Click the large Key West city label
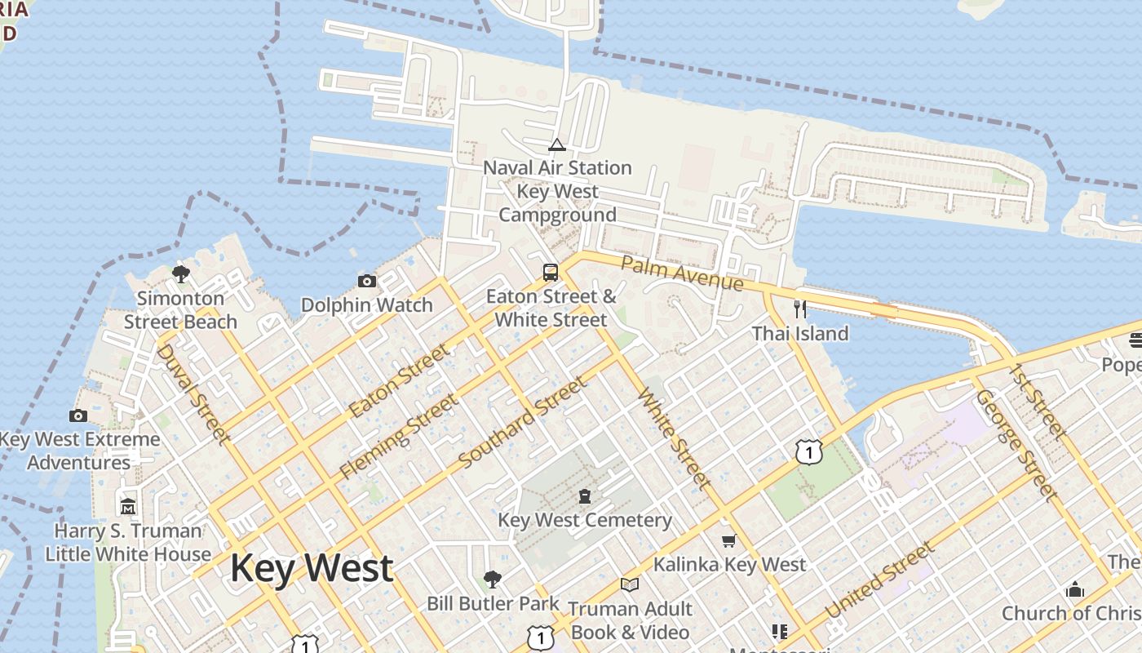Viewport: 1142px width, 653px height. pyautogui.click(x=312, y=567)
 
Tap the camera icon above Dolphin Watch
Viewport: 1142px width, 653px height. pyautogui.click(x=367, y=282)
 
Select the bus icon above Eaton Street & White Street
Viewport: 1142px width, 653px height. pyautogui.click(x=551, y=272)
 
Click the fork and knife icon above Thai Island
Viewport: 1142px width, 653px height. pyautogui.click(x=800, y=309)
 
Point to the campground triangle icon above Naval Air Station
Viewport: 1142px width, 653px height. pyautogui.click(x=557, y=145)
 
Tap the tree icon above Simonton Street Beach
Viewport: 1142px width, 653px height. pyautogui.click(x=181, y=273)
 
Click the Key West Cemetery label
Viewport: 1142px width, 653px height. pyautogui.click(x=584, y=520)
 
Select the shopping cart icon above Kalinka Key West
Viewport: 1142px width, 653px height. pyautogui.click(x=728, y=540)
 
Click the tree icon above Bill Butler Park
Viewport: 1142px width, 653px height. pyautogui.click(x=492, y=580)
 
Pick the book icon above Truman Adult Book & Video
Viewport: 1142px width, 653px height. pyautogui.click(x=629, y=584)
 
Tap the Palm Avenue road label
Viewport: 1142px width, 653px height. pyautogui.click(x=682, y=273)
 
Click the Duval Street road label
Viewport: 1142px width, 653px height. pyautogui.click(x=193, y=393)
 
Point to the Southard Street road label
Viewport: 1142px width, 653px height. pyautogui.click(x=522, y=423)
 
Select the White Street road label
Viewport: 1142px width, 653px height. pyautogui.click(x=674, y=438)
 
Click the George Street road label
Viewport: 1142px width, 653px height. pyautogui.click(x=1016, y=445)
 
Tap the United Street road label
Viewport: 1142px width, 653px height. pyautogui.click(x=879, y=581)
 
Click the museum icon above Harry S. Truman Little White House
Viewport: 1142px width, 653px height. pyautogui.click(x=128, y=507)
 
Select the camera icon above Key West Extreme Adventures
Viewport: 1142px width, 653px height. pyautogui.click(x=78, y=415)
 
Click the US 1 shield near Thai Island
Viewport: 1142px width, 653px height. pyautogui.click(x=808, y=451)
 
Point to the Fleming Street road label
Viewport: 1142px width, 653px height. pyautogui.click(x=399, y=437)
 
